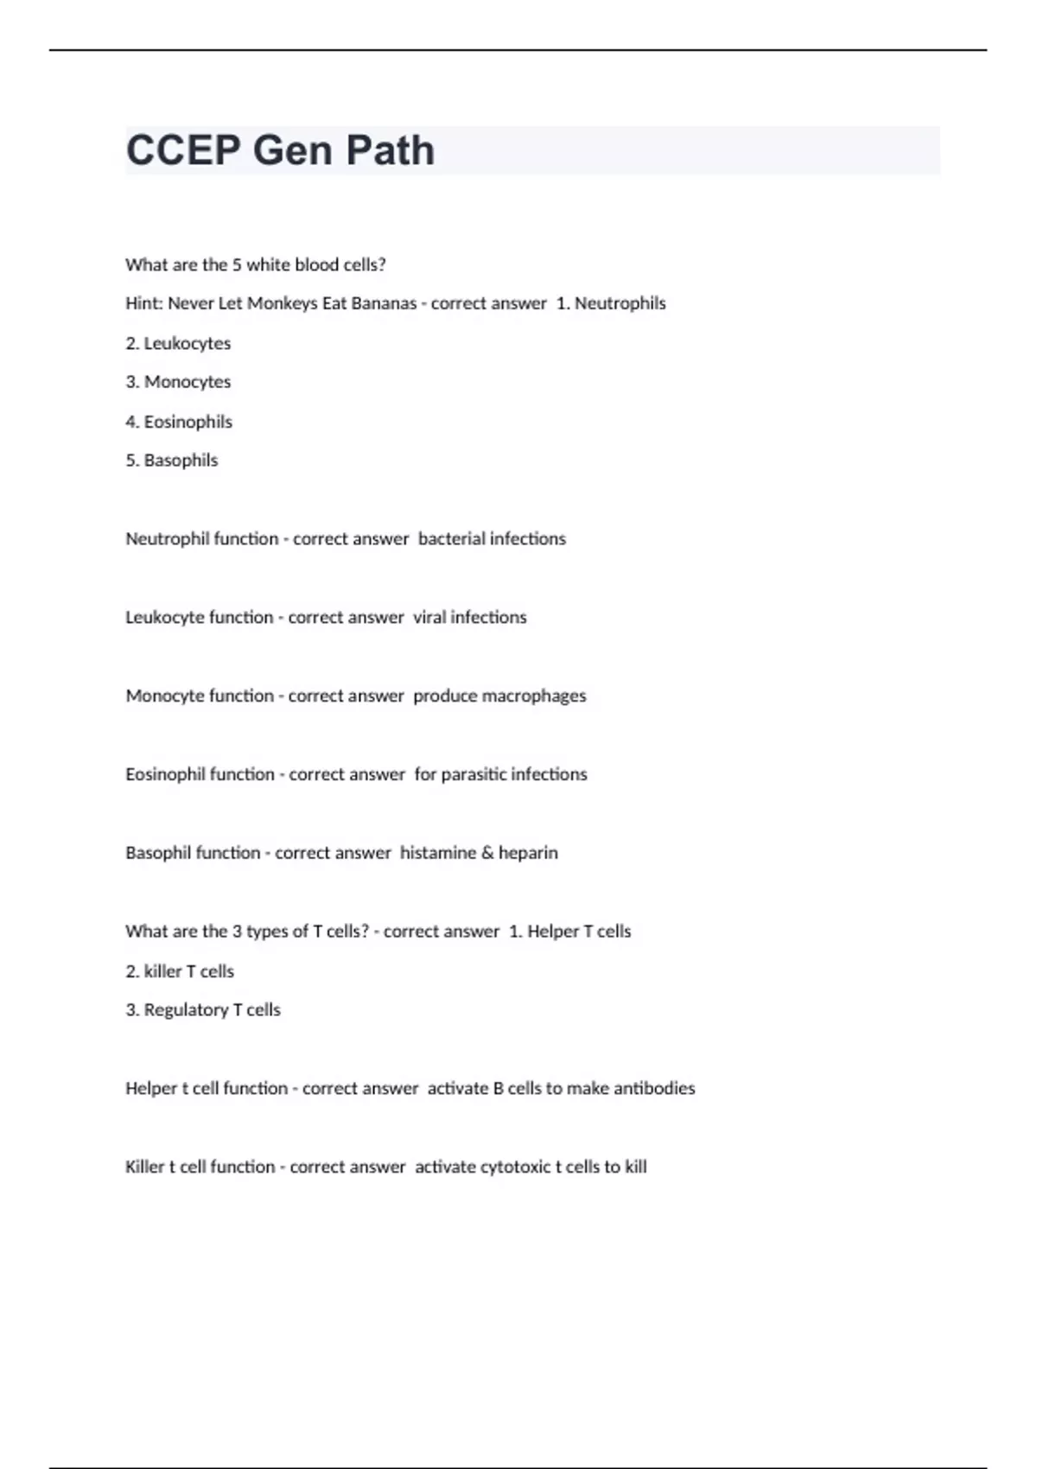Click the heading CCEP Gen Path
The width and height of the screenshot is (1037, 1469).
tap(280, 150)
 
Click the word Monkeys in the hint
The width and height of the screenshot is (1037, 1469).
tap(282, 303)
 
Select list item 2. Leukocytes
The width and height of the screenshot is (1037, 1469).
tap(178, 343)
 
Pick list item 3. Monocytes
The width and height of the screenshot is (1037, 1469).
tap(178, 382)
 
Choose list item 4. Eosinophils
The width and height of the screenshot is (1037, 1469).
tap(179, 422)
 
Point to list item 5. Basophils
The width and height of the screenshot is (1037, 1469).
tap(172, 461)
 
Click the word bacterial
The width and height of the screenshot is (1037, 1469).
tap(451, 539)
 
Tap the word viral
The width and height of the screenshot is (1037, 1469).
tap(429, 617)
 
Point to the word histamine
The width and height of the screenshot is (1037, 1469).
tap(437, 853)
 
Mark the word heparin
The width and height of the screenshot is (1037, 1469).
tap(528, 853)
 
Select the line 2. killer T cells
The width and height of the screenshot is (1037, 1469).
tap(180, 971)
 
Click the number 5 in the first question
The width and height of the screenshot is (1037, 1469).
tap(237, 264)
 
